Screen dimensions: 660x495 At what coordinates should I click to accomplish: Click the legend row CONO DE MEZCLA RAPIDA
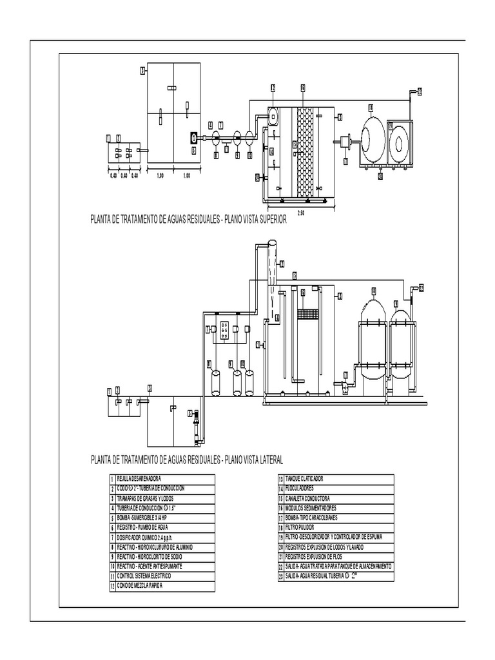click(x=139, y=585)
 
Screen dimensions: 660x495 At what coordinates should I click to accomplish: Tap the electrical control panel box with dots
click(x=226, y=329)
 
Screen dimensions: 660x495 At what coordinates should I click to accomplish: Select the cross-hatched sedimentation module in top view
click(x=304, y=150)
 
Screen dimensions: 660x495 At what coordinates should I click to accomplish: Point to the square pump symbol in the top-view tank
click(x=193, y=137)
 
